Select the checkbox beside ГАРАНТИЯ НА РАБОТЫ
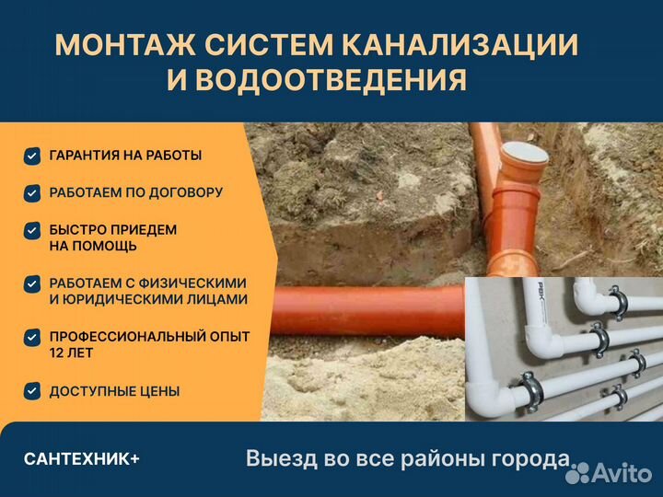coord(32,156)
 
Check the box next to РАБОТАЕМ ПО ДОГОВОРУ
coord(32,193)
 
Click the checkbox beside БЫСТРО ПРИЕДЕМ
coord(32,230)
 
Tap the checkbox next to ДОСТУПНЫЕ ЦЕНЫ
coord(32,391)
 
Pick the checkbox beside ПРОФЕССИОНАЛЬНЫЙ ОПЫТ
coord(32,337)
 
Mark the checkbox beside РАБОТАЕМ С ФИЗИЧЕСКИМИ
coord(32,283)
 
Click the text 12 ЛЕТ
coord(72,353)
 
